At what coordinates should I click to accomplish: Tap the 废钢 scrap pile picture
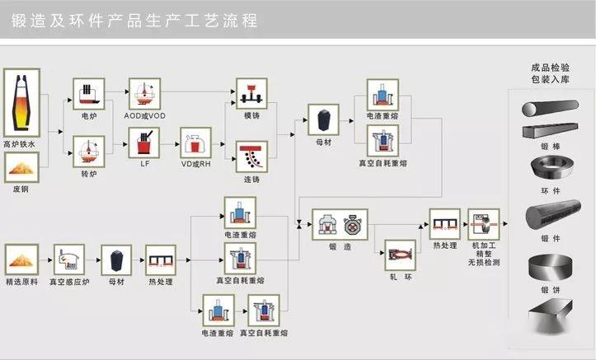[21, 166]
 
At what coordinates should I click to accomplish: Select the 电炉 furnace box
[89, 92]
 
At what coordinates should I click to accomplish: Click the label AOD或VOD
[145, 115]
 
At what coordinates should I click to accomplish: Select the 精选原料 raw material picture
[21, 259]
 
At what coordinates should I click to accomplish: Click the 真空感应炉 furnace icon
[69, 259]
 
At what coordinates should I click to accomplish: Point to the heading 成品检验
[550, 68]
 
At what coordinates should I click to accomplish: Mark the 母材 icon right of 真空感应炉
[116, 259]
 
